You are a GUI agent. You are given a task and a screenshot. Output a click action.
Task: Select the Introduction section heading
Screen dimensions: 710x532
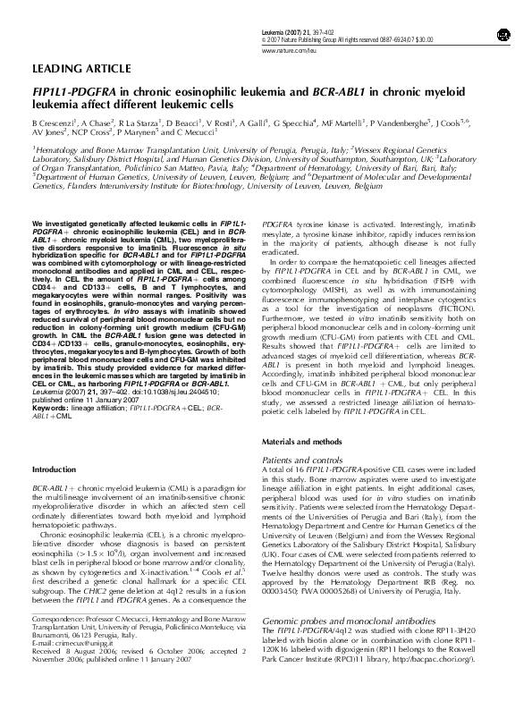(x=55, y=469)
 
